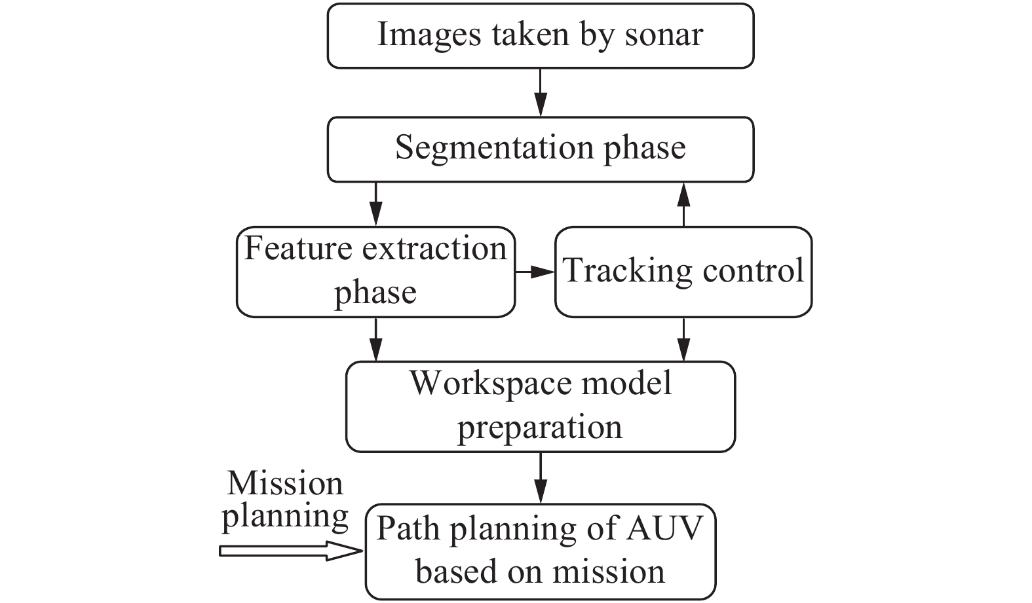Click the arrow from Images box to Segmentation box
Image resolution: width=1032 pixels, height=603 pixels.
540,92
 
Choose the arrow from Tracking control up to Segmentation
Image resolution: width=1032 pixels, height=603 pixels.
683,204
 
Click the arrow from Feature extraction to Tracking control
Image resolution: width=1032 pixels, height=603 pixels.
535,272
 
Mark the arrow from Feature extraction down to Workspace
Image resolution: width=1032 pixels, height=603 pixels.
375,339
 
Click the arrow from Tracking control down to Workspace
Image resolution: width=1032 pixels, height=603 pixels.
683,339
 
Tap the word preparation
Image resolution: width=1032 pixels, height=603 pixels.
539,428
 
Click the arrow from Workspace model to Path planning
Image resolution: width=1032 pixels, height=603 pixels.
540,478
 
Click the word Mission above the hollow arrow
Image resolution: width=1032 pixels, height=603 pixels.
285,484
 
